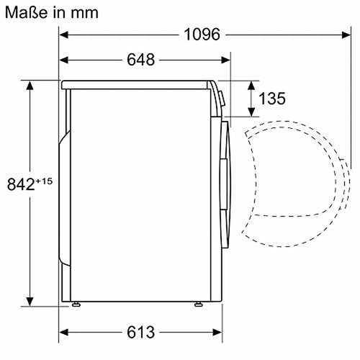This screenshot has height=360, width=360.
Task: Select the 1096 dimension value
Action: [202, 34]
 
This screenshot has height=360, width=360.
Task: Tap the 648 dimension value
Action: [140, 60]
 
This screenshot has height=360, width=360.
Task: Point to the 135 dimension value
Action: [272, 98]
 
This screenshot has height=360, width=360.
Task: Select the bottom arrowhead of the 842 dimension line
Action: [30, 302]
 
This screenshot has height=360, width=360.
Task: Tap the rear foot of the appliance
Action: [76, 305]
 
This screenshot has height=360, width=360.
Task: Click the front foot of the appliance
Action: [197, 305]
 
